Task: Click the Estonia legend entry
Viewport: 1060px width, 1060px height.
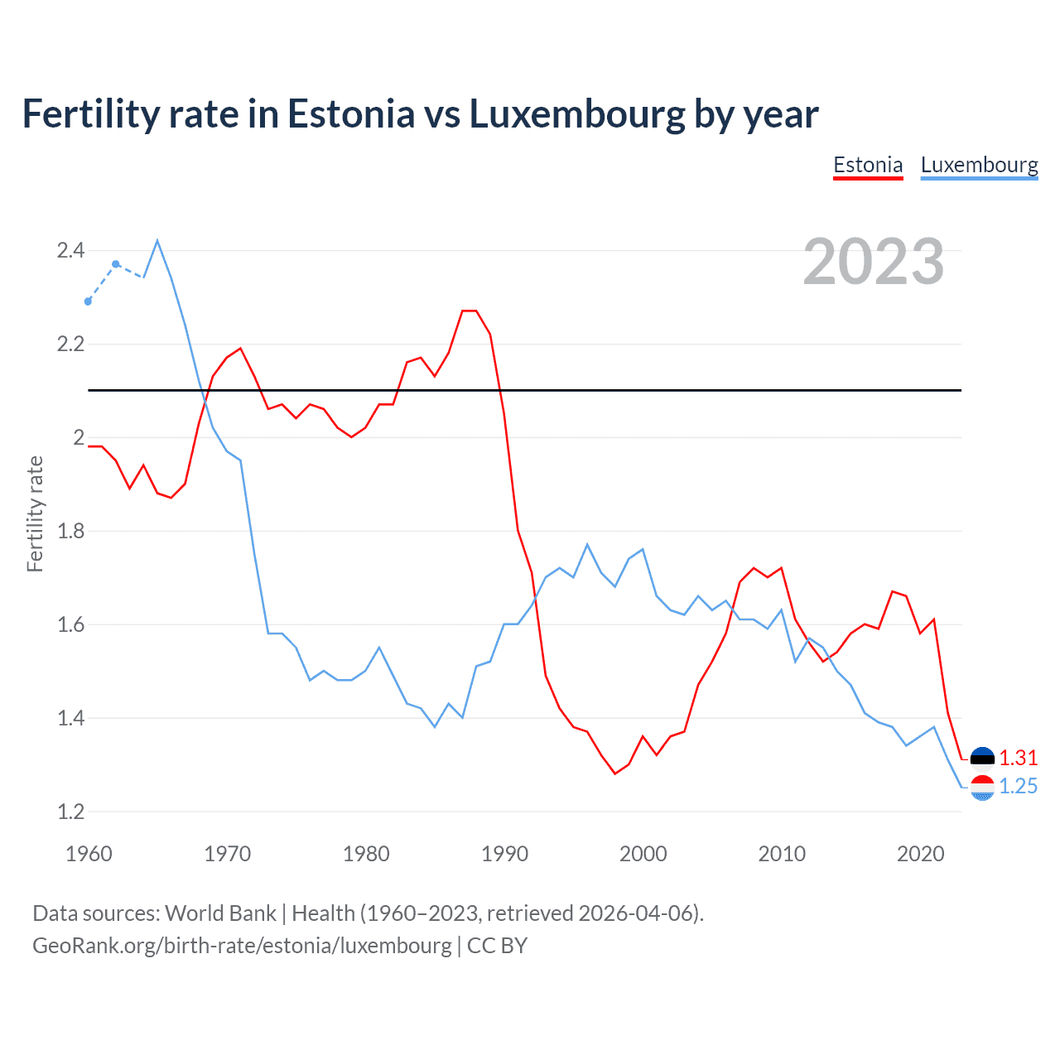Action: click(x=867, y=165)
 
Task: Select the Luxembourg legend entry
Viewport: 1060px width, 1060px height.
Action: click(x=979, y=165)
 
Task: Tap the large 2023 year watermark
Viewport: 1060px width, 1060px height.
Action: click(x=873, y=262)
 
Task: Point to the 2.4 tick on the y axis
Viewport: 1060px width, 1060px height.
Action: click(x=70, y=250)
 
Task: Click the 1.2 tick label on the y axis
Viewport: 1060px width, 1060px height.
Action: click(x=70, y=812)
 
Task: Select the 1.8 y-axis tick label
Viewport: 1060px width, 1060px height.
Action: click(x=70, y=531)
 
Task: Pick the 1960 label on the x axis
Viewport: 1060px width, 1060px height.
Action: click(x=89, y=854)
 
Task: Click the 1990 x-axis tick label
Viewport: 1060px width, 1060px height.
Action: click(x=504, y=854)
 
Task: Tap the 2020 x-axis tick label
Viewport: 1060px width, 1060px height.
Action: click(x=920, y=854)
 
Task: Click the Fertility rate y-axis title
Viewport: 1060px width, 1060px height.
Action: click(x=35, y=513)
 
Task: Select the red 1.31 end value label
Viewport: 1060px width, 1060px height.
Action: click(x=1018, y=758)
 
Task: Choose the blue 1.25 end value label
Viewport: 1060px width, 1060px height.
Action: click(x=1018, y=786)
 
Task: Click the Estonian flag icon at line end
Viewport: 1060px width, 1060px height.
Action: click(x=982, y=758)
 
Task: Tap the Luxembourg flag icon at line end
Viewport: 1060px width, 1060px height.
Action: click(x=982, y=788)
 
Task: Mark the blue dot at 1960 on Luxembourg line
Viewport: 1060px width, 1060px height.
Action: click(x=89, y=301)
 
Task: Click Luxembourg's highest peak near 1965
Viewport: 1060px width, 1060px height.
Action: click(x=157, y=241)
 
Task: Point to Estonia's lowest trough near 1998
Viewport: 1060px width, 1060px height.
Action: click(x=614, y=773)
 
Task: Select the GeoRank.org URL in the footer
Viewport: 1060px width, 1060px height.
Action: click(x=242, y=946)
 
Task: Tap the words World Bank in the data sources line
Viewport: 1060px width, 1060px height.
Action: click(x=220, y=913)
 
